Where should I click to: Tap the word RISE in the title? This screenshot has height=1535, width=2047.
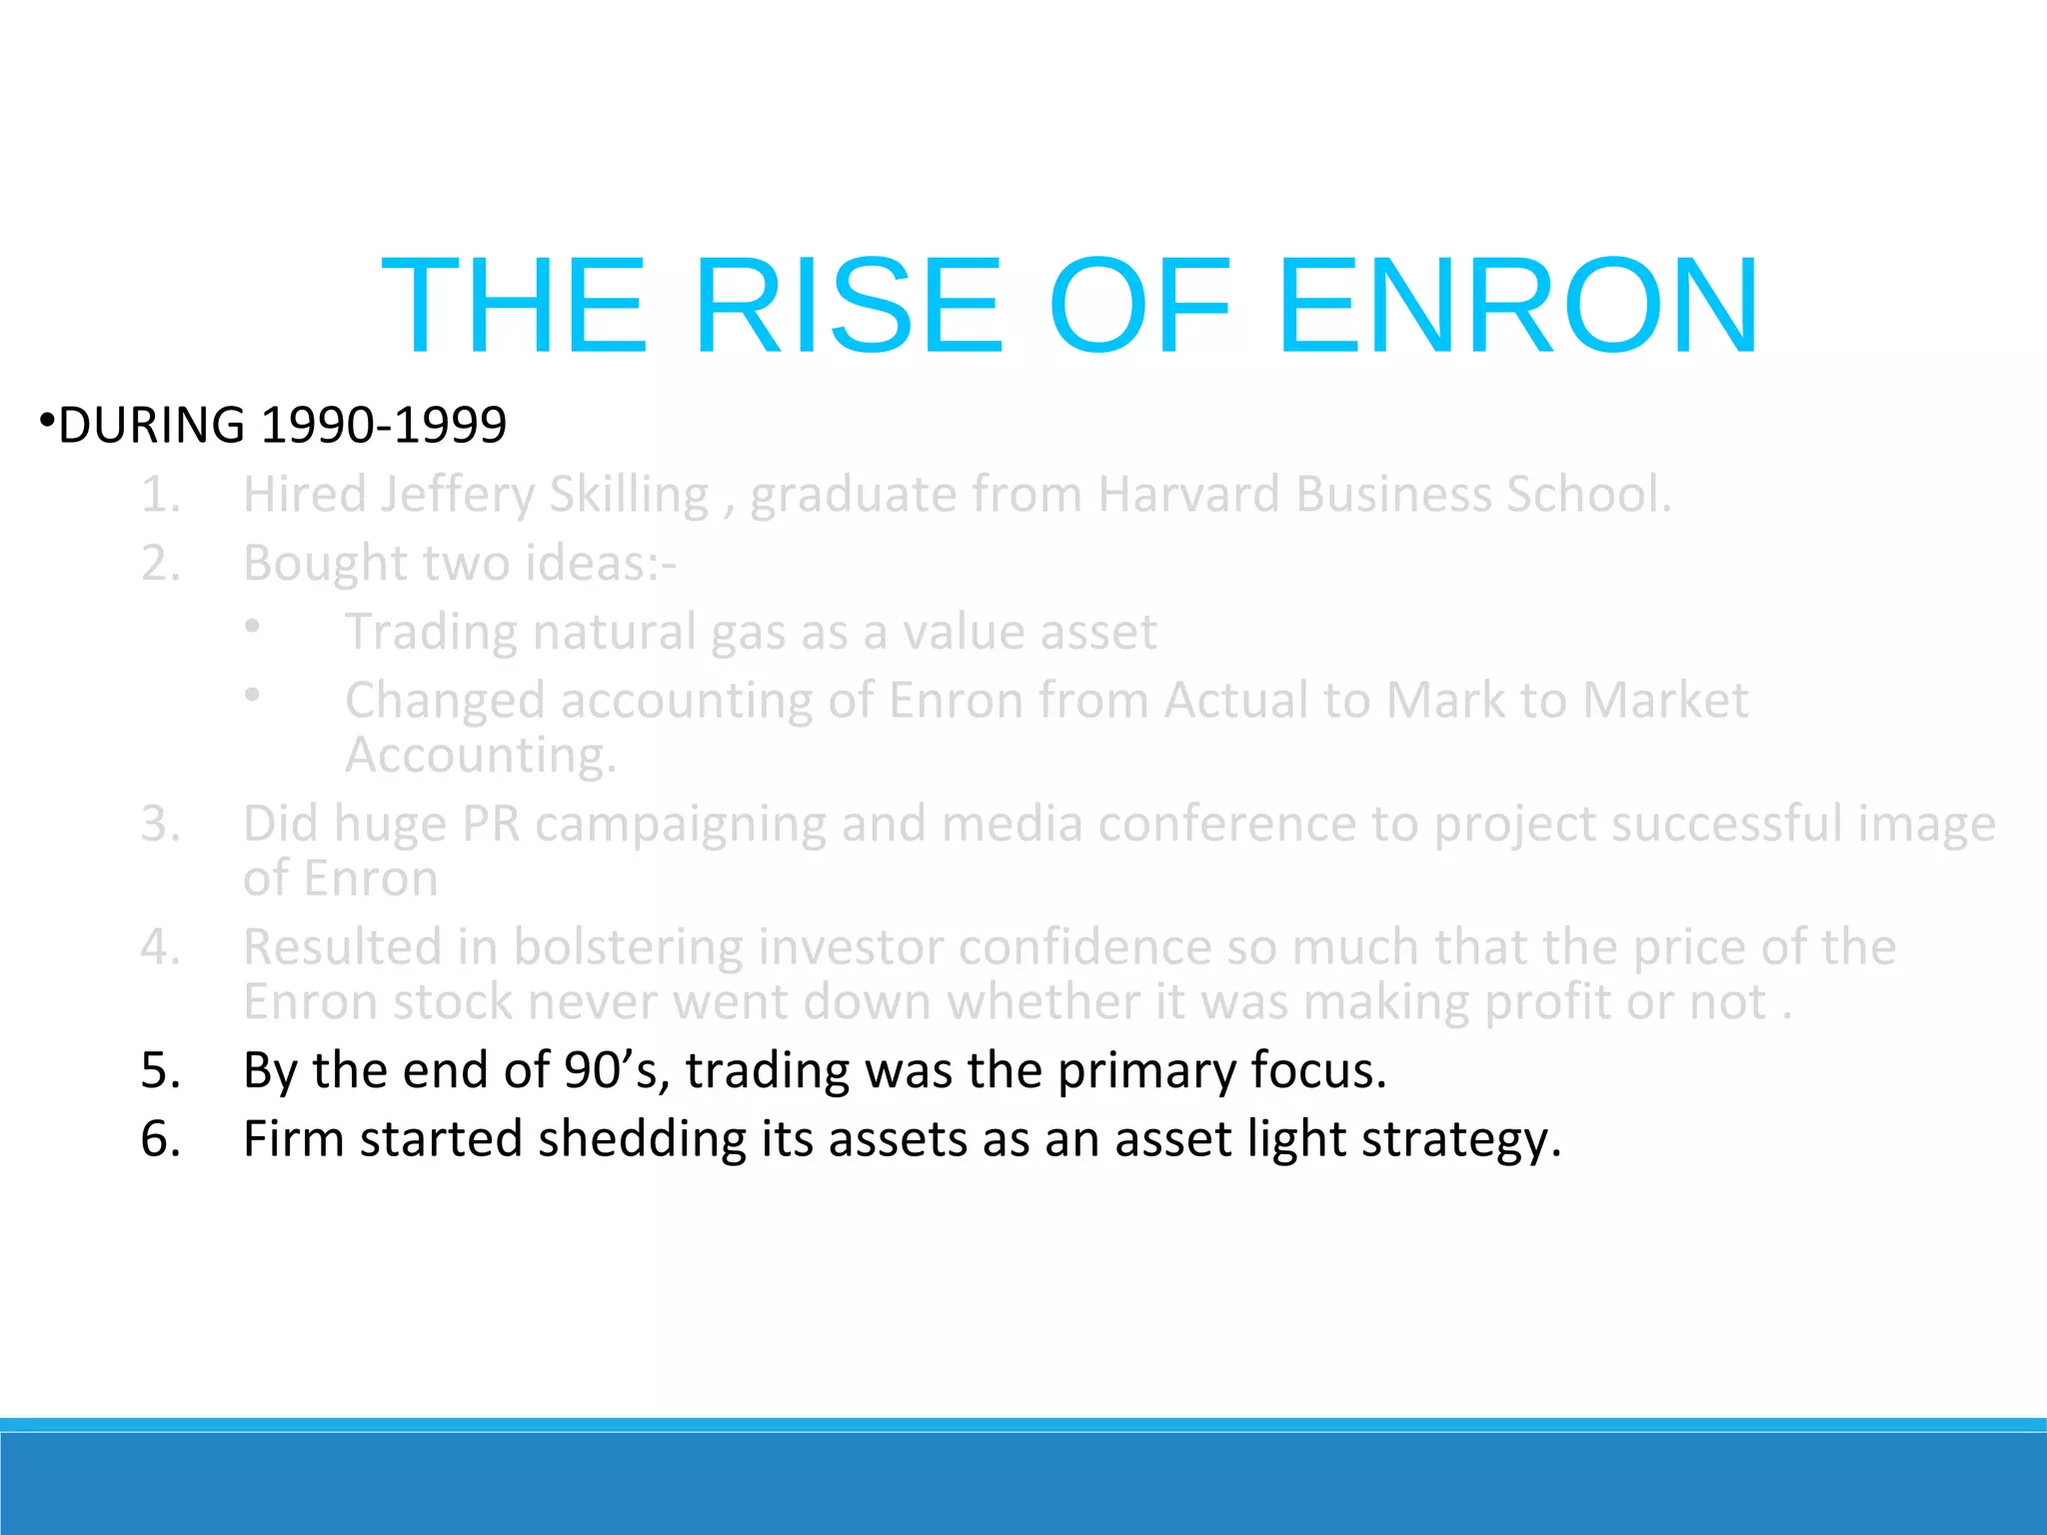click(x=848, y=306)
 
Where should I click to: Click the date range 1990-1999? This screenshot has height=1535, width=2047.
click(x=384, y=425)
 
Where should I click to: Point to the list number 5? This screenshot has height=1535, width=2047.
click(x=160, y=1070)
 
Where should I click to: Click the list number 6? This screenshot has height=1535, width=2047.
click(x=160, y=1139)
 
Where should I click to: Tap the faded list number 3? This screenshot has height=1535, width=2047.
click(x=160, y=824)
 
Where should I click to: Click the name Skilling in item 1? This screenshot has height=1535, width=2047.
click(x=629, y=495)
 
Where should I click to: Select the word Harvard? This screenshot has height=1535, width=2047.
click(x=1188, y=495)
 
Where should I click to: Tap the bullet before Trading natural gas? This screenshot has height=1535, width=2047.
click(x=253, y=627)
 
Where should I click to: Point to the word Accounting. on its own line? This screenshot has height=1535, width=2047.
click(x=481, y=756)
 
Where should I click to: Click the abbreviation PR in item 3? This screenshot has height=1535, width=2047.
click(x=491, y=824)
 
